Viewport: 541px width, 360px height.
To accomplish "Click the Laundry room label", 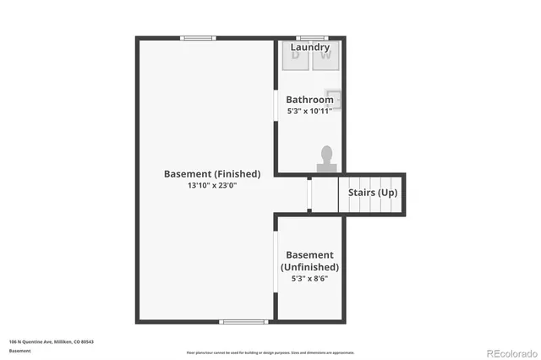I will point(310,47).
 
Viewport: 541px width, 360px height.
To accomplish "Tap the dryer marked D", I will point(297,56).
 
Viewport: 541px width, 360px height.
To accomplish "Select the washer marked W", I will point(326,56).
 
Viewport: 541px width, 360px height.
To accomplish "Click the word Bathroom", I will point(309,100).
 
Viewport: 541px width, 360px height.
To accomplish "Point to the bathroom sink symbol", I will point(336,98).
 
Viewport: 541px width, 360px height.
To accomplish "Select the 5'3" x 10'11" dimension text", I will point(309,111).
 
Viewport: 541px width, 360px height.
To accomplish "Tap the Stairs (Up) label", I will point(373,193).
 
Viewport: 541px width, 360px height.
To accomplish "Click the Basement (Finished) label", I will point(212,173).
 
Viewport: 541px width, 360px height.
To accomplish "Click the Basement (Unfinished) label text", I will point(309,260).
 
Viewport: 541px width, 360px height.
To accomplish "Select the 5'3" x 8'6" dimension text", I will point(309,278).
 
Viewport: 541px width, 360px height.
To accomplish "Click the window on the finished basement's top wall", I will point(198,37).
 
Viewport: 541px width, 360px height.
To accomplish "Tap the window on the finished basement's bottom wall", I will point(244,321).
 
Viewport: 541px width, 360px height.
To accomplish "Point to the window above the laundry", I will point(312,37).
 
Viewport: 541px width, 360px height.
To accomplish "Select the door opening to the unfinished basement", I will point(276,263).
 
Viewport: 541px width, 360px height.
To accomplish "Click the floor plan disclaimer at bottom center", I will point(270,352).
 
